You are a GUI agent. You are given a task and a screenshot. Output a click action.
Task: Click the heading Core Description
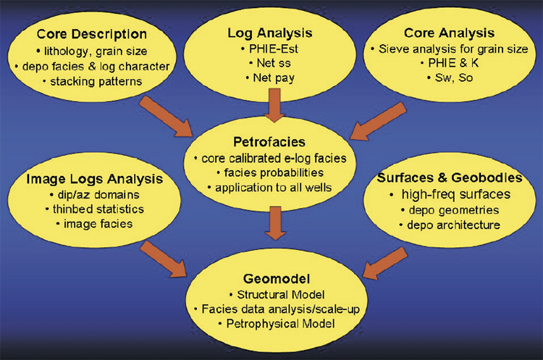tap(92, 34)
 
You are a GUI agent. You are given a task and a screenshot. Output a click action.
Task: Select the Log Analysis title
tap(270, 33)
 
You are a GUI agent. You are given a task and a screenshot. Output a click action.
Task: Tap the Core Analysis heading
tap(449, 33)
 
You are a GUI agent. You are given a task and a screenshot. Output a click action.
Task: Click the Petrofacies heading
tap(269, 142)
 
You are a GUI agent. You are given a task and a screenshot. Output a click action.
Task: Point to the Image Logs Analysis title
tap(95, 179)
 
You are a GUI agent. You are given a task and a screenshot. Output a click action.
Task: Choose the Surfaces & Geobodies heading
tap(450, 177)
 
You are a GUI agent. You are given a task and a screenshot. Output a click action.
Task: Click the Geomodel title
tap(277, 279)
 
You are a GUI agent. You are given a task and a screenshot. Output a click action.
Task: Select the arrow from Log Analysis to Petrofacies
tap(274, 105)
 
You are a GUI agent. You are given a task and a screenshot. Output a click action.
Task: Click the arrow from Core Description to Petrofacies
tap(166, 116)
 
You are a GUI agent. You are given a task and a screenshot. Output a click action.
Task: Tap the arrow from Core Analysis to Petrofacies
tap(378, 121)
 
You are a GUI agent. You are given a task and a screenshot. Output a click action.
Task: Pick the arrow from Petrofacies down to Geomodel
tap(275, 223)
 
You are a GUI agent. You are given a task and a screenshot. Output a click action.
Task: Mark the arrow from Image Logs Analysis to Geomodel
tap(164, 259)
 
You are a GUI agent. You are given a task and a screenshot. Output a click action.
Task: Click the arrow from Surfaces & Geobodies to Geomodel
tap(385, 263)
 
